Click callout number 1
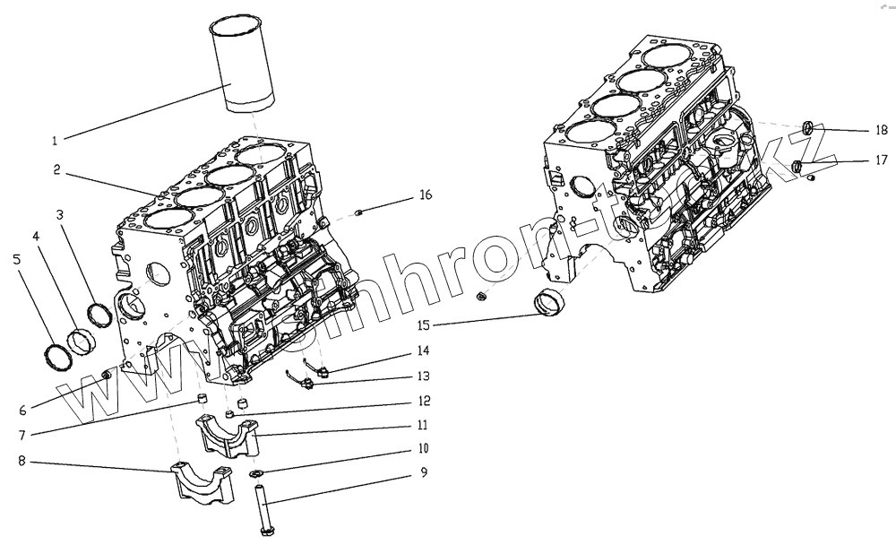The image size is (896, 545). (x=55, y=141)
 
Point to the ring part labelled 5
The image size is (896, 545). (x=58, y=356)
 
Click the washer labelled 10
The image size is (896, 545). (x=255, y=472)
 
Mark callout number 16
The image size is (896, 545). (x=425, y=195)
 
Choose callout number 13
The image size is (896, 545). (x=424, y=376)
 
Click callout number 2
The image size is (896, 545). (x=56, y=169)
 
